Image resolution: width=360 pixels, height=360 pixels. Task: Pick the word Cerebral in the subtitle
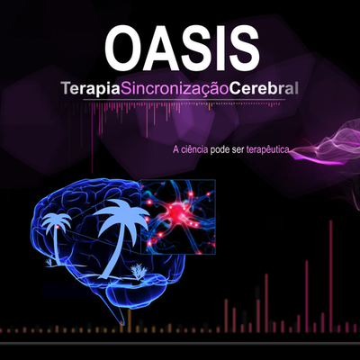263,91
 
